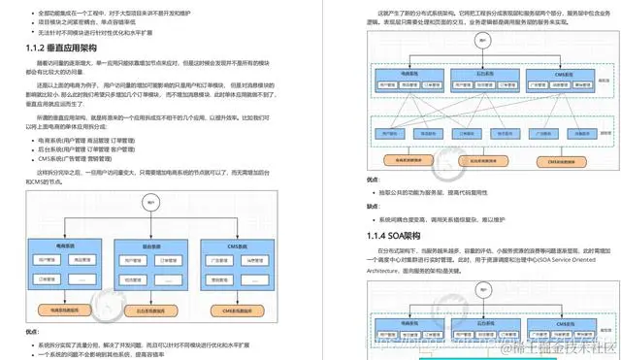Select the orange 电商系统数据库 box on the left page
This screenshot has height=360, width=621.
coord(66,309)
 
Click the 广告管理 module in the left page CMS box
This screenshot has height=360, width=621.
coord(221,260)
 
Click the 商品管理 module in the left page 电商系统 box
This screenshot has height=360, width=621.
coord(85,260)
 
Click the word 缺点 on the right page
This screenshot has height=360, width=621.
coord(373,206)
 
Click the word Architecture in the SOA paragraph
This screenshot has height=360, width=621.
coord(389,273)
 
